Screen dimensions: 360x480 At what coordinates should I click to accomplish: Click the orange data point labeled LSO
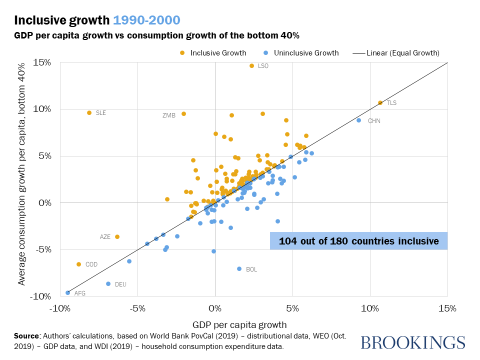click(x=251, y=66)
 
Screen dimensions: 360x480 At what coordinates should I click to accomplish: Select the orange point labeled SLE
click(x=89, y=113)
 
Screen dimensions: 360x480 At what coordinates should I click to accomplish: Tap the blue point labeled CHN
click(x=358, y=120)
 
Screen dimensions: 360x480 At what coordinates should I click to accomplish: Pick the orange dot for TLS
click(x=380, y=102)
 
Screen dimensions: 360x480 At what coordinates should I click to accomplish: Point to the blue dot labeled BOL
click(x=239, y=269)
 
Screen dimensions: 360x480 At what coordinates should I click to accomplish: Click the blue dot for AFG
click(x=67, y=292)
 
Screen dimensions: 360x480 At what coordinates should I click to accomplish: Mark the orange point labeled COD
click(x=78, y=264)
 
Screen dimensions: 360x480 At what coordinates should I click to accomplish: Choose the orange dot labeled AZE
click(x=117, y=236)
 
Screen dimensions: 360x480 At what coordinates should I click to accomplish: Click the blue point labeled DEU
click(x=108, y=284)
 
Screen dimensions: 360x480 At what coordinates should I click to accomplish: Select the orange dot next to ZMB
click(x=183, y=114)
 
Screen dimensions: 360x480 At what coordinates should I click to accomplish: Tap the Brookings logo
click(x=412, y=342)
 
